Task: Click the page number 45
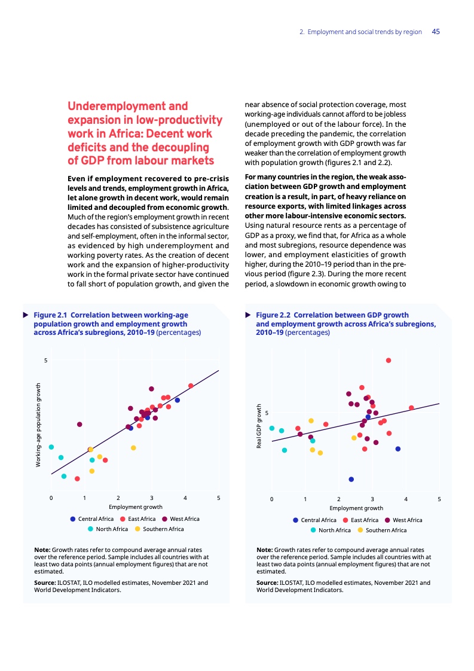436,32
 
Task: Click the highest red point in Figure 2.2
389,360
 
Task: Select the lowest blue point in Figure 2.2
351,479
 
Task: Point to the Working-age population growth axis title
38,425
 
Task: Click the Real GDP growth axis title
259,426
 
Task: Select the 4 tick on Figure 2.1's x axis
185,498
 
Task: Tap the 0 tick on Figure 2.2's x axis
271,499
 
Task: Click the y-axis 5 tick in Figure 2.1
45,360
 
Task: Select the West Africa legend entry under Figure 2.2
403,520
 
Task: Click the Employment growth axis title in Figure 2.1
135,507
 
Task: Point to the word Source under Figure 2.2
267,582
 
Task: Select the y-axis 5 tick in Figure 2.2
267,413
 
